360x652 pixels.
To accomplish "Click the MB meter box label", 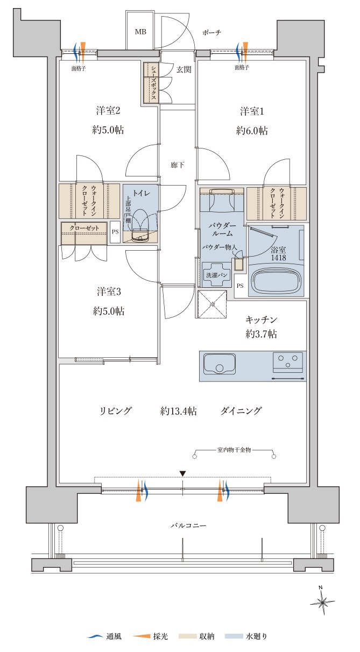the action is (x=140, y=32).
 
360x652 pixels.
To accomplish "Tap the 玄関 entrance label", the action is (x=184, y=69).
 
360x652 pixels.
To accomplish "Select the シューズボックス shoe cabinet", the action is (x=151, y=83).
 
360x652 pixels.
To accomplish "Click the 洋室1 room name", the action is (x=252, y=111).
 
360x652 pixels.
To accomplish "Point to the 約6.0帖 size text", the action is (x=252, y=131).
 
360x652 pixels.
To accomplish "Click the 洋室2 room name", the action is (x=108, y=111).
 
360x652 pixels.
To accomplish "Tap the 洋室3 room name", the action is (x=109, y=292).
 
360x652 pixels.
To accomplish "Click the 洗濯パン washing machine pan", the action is (x=216, y=275).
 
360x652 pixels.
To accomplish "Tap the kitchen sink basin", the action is (x=220, y=363).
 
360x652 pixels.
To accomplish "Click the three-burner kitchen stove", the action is (x=288, y=362).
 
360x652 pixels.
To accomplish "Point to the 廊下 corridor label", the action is (x=178, y=165).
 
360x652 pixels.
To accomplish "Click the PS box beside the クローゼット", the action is (x=115, y=232).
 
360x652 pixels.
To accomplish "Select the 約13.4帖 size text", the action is (x=178, y=412).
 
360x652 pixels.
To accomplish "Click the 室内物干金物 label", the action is (x=234, y=450).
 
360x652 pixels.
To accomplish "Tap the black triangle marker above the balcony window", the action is (x=182, y=473).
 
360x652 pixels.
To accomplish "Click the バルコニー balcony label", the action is (x=188, y=526).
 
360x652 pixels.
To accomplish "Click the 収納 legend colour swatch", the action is (x=187, y=636).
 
